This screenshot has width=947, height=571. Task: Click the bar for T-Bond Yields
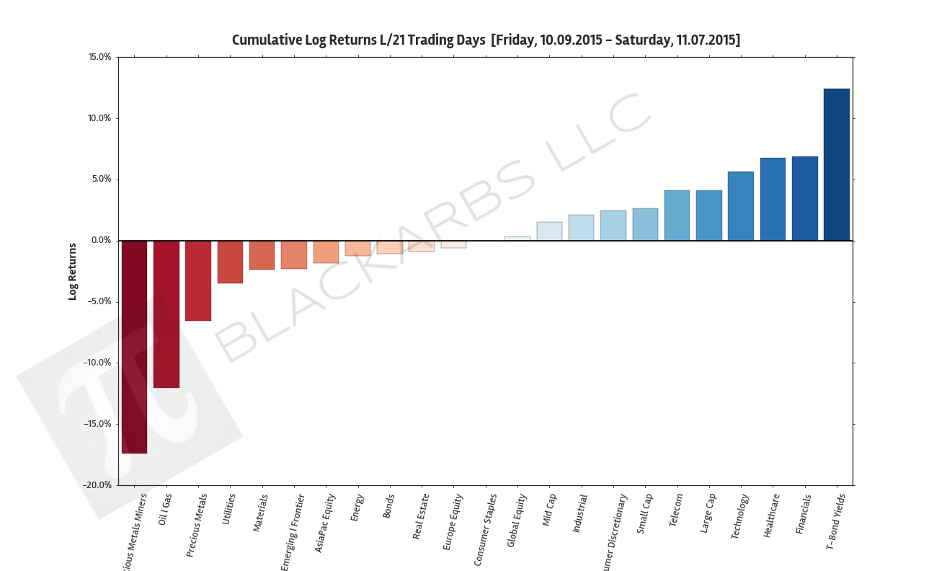(x=836, y=164)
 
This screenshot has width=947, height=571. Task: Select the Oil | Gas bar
(x=166, y=314)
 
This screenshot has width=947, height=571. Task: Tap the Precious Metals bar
(x=198, y=280)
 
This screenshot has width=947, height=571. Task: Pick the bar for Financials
(x=804, y=198)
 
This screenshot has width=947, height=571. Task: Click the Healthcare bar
(x=773, y=199)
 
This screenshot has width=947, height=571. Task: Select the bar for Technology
(x=740, y=205)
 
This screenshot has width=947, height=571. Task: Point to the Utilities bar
(x=230, y=262)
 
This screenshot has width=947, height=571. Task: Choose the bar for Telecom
(x=677, y=215)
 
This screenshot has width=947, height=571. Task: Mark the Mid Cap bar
(x=549, y=231)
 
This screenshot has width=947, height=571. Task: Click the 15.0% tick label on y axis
(x=99, y=57)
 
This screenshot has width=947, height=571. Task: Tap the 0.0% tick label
(x=100, y=240)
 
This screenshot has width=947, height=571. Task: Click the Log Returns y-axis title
(x=72, y=271)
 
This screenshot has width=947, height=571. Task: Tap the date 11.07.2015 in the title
(x=706, y=40)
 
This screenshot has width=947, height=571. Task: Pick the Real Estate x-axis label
(x=422, y=516)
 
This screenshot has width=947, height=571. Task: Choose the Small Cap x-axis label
(x=645, y=513)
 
